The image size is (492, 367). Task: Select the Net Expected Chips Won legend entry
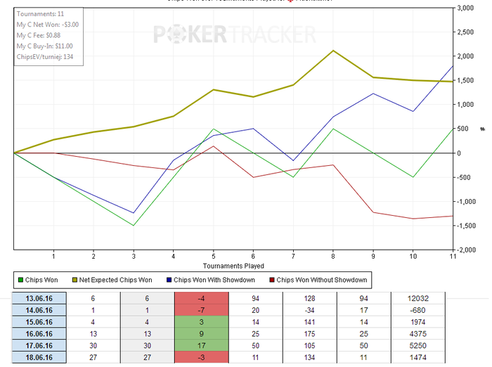114,281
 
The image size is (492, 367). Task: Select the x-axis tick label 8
333,257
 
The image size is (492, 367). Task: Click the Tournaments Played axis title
233,266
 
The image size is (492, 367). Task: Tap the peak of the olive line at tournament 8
333,51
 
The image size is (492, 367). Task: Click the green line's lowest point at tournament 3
134,226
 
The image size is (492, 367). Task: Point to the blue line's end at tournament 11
453,66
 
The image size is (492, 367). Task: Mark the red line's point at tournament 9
373,212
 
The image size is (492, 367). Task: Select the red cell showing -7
201,310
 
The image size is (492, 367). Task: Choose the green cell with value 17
201,346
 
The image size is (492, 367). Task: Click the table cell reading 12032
417,298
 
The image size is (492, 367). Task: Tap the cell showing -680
417,310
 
